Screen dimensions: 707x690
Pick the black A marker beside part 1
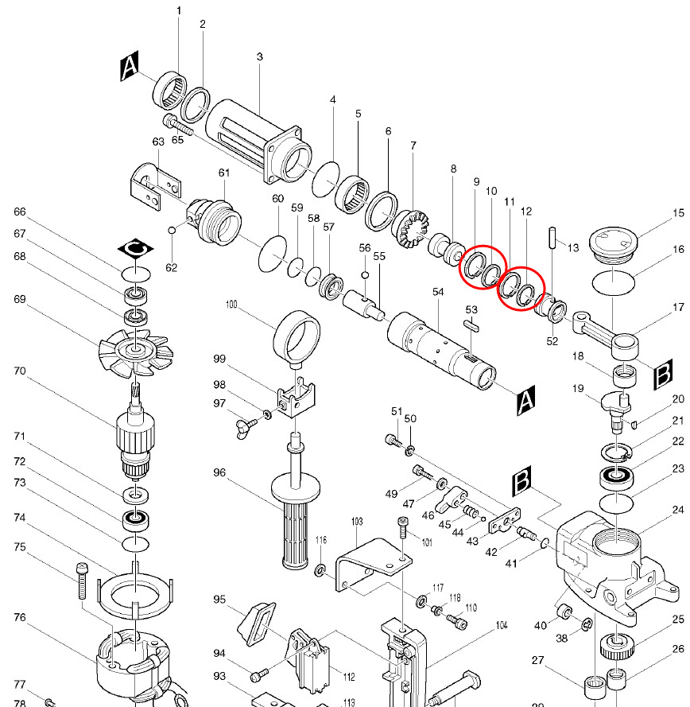click(x=130, y=68)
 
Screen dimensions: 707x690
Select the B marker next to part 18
click(x=662, y=378)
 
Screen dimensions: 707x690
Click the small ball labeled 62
click(x=172, y=231)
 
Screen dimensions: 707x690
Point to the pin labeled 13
click(x=550, y=238)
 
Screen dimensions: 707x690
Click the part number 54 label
click(x=438, y=292)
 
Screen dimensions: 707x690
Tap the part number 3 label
click(x=259, y=56)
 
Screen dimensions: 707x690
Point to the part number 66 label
click(x=20, y=212)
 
